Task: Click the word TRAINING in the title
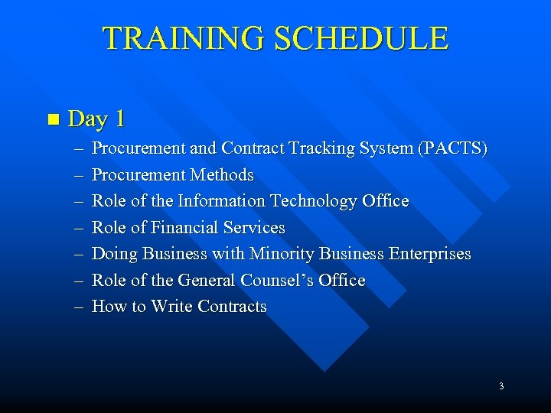[184, 38]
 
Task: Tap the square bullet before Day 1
[52, 119]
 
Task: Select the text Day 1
[96, 119]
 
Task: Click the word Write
[172, 307]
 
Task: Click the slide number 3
[500, 387]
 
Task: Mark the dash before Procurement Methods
[78, 175]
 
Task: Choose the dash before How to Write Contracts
[78, 307]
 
